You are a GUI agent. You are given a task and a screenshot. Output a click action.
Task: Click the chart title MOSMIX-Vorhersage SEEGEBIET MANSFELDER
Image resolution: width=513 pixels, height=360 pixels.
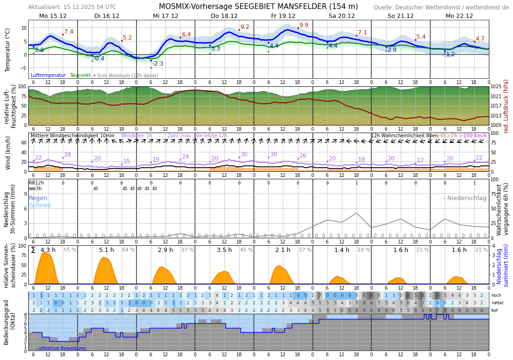point(258,7)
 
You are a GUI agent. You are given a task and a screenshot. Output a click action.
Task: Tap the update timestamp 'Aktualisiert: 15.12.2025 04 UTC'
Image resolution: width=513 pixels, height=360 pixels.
point(72,7)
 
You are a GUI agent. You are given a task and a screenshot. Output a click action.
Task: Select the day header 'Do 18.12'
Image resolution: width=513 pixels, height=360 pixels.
point(224,16)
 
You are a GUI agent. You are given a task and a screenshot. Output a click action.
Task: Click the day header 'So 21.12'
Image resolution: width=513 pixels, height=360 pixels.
point(400,16)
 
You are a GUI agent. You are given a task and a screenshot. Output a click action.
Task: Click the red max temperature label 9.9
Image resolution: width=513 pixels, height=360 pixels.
point(304,25)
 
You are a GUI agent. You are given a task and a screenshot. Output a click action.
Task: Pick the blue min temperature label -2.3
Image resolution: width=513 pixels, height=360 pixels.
point(157,64)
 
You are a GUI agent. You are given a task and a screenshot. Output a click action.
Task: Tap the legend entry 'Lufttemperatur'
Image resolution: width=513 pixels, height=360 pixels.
point(48,75)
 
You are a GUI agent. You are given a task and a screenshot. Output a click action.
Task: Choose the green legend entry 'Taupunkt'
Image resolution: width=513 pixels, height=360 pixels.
point(80,75)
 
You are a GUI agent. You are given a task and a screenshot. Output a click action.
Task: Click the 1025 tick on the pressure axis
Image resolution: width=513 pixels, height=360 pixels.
point(496,87)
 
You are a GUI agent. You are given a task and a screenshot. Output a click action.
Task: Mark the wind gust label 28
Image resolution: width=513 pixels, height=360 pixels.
point(67,155)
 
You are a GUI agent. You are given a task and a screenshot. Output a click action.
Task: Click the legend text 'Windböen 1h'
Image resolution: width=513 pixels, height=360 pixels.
point(137,136)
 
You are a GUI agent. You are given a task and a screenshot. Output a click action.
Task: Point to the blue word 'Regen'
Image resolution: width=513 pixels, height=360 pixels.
point(38,198)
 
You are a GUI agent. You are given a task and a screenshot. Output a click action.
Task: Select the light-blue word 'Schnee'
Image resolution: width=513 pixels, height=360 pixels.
point(40,205)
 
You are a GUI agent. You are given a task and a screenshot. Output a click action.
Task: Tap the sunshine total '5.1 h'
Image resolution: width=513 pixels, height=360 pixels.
point(107,250)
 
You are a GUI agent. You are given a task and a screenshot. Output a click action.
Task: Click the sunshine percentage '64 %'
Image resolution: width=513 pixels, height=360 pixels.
point(128,250)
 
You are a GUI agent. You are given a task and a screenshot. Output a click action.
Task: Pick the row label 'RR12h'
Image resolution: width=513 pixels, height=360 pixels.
point(36,183)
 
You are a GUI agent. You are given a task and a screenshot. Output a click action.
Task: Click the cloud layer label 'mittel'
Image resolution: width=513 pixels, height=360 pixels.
point(496,303)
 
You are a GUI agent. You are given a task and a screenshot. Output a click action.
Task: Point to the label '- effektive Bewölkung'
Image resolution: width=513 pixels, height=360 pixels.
point(61,349)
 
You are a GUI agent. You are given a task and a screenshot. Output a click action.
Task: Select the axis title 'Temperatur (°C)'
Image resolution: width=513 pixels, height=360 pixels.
point(8,50)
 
